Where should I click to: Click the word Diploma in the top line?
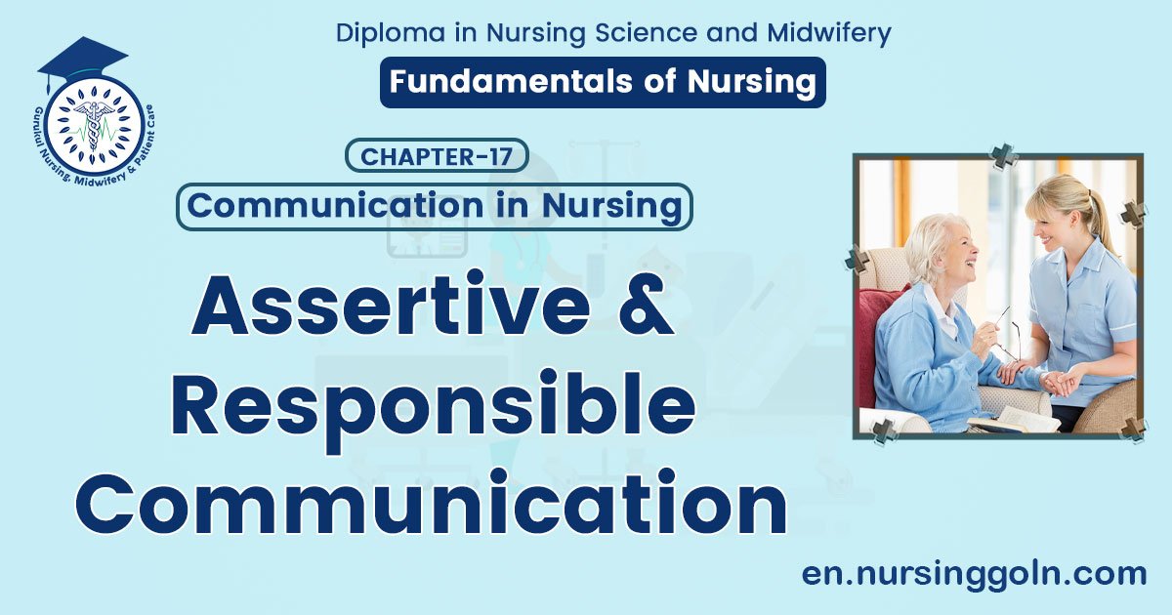385,33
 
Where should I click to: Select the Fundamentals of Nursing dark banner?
603,82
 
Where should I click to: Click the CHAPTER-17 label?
437,156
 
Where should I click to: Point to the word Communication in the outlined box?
335,206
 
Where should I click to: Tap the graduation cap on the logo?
82,58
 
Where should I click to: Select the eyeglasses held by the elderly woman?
1006,332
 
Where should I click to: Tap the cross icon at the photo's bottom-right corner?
1133,428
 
